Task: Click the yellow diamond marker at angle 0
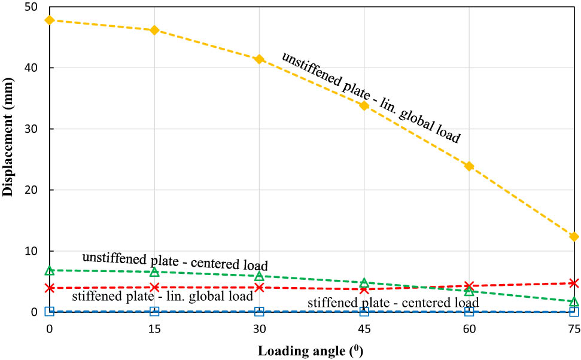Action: (x=50, y=20)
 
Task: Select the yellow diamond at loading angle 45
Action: (x=364, y=105)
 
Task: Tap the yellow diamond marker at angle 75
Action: (x=574, y=237)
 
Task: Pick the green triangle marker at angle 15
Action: (x=154, y=272)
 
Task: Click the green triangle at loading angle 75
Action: (x=574, y=301)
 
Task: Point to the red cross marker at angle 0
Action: (x=50, y=288)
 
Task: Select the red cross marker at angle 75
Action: (x=574, y=283)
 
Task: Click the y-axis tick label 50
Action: (x=30, y=7)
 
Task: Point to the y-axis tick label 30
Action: (x=30, y=129)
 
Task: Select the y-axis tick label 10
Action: (x=30, y=251)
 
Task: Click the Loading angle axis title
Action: (x=310, y=350)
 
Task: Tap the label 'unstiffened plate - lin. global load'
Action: (x=372, y=98)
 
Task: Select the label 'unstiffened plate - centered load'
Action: (x=174, y=261)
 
